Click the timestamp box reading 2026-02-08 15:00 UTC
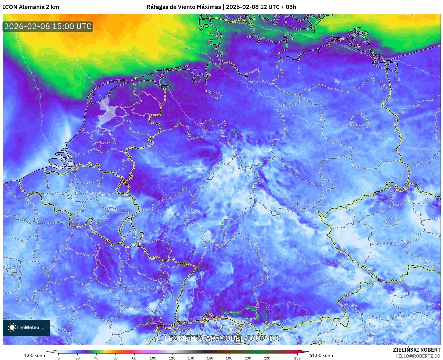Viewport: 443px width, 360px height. click(x=48, y=26)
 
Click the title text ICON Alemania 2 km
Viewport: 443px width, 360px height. click(x=31, y=7)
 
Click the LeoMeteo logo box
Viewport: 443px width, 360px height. click(x=26, y=327)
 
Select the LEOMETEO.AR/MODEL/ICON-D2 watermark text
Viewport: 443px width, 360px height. click(x=221, y=338)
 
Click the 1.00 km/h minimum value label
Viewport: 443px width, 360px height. click(x=35, y=355)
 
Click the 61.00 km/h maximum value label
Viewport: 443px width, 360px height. click(x=321, y=355)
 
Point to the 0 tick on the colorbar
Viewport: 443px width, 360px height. click(x=59, y=358)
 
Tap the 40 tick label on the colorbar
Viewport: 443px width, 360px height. click(x=96, y=358)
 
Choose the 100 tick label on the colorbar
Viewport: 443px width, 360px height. click(x=153, y=358)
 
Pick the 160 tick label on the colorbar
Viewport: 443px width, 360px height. click(x=210, y=358)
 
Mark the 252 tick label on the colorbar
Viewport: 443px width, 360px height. click(x=297, y=358)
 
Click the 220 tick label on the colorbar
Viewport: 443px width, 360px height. click(x=267, y=358)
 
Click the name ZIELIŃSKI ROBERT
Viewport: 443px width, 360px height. click(x=417, y=350)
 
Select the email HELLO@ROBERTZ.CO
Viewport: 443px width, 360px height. click(x=418, y=356)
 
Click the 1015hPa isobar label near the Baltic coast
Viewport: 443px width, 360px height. click(x=344, y=46)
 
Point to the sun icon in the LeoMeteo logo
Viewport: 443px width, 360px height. click(x=12, y=327)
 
